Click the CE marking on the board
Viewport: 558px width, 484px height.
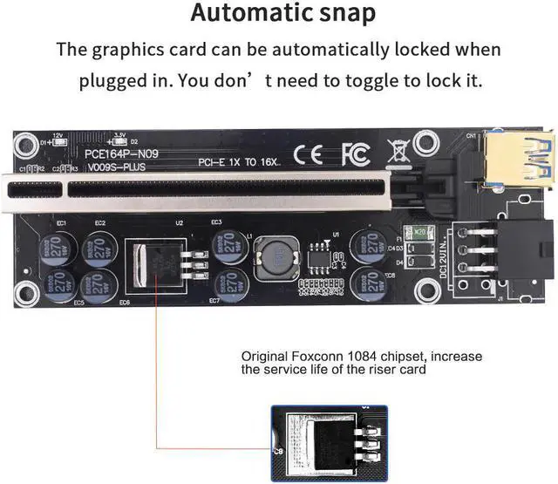click(312, 155)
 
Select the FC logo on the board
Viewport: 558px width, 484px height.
click(355, 155)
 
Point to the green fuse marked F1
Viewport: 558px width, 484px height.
click(420, 233)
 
